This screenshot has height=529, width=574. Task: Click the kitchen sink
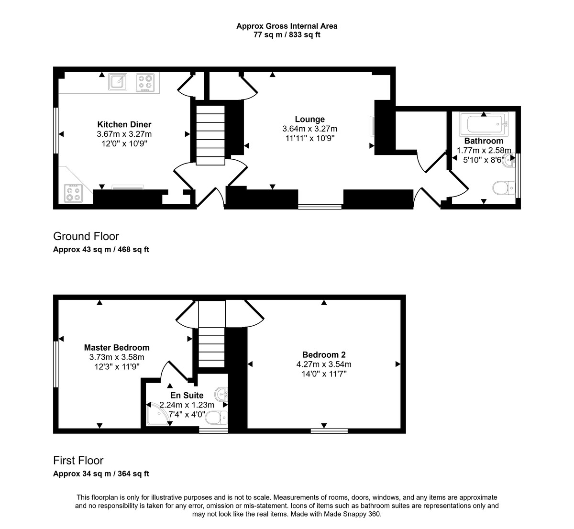click(x=118, y=82)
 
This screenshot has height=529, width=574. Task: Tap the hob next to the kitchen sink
click(x=146, y=82)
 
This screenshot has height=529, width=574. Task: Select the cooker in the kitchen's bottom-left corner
click(x=73, y=194)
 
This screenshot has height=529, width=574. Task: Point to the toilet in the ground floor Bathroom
click(x=501, y=187)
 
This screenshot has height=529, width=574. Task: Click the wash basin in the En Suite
click(x=222, y=395)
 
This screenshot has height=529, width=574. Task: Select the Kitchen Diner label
click(x=124, y=124)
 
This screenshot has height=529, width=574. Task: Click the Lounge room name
click(x=309, y=119)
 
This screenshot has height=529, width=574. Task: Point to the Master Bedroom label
click(x=117, y=348)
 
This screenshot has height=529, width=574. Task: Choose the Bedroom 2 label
click(x=324, y=355)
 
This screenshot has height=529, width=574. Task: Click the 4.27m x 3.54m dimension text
click(x=324, y=364)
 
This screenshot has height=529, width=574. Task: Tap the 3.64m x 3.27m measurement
click(x=309, y=129)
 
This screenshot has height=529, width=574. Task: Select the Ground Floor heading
click(x=86, y=236)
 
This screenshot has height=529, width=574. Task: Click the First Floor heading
click(x=78, y=461)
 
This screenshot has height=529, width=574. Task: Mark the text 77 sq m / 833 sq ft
click(x=287, y=35)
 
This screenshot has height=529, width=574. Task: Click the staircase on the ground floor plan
click(x=210, y=135)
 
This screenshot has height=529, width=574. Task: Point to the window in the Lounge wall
click(x=320, y=207)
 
